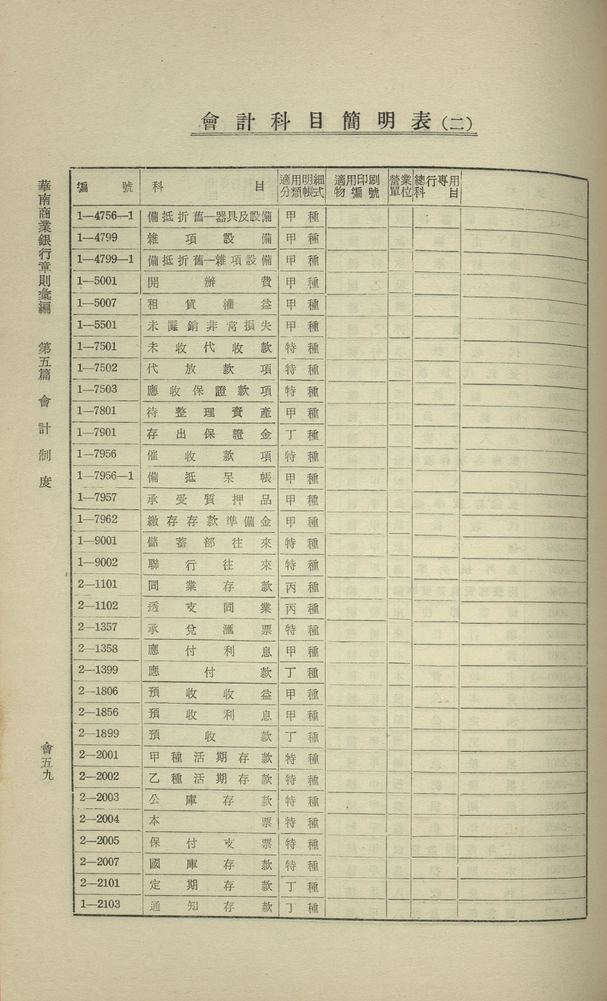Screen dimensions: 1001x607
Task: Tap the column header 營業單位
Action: pyautogui.click(x=400, y=186)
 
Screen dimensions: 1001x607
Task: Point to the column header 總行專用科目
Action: pyautogui.click(x=437, y=186)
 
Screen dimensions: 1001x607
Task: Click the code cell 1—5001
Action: pyautogui.click(x=97, y=281)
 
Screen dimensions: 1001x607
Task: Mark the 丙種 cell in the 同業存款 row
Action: pyautogui.click(x=301, y=587)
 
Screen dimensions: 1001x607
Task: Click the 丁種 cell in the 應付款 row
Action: pyautogui.click(x=301, y=673)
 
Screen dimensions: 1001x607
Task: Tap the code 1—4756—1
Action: pyautogui.click(x=105, y=216)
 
